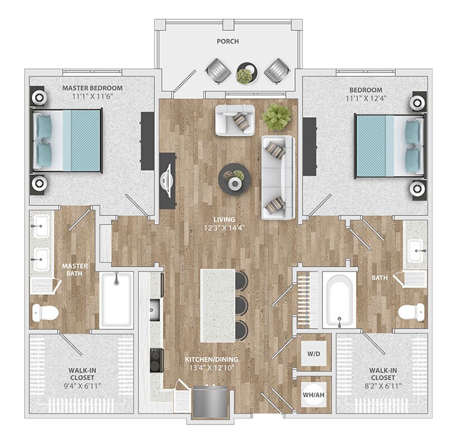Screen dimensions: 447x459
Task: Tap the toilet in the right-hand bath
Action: coord(412,312)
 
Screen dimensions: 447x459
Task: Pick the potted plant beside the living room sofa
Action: coord(277,117)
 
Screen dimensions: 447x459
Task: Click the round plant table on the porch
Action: coord(245,73)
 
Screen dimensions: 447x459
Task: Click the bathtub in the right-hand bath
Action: coord(339,300)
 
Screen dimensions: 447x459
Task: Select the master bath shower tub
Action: coord(117,299)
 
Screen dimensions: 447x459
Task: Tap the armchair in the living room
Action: coord(235,119)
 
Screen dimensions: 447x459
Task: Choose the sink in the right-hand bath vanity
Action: coord(415,250)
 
